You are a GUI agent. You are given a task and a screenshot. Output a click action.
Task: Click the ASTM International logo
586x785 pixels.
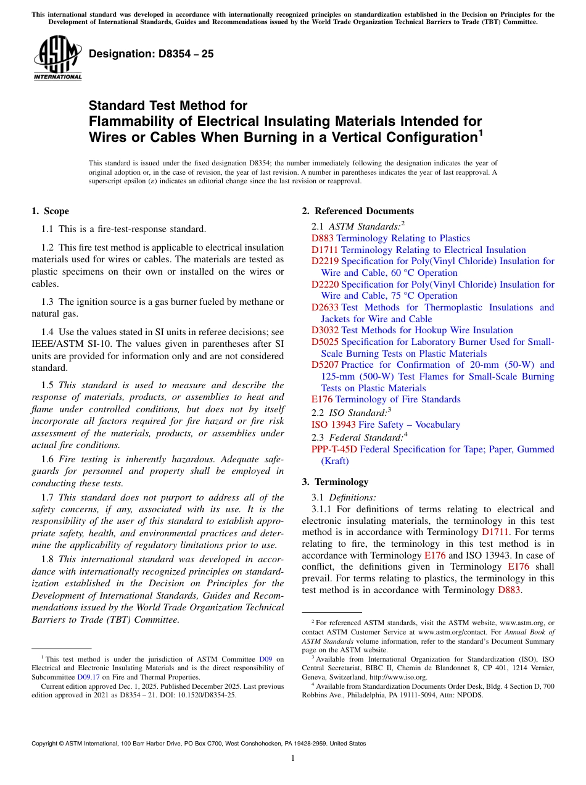[x=57, y=58]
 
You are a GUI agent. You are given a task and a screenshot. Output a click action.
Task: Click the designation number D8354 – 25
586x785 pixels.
[x=151, y=54]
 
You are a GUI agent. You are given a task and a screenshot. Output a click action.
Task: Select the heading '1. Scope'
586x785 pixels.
[x=50, y=211]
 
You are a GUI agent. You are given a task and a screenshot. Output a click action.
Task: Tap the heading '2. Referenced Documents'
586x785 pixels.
[x=358, y=211]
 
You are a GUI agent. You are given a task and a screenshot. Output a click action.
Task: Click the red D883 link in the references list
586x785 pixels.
[x=323, y=238]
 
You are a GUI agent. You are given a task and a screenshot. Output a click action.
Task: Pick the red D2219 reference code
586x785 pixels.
[x=325, y=261]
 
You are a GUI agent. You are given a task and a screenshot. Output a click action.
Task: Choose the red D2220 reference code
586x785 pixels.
[x=325, y=285]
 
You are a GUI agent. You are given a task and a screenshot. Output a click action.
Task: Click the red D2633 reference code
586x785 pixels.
[x=325, y=307]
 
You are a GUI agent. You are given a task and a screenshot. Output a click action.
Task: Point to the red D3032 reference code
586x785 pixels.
[x=325, y=330]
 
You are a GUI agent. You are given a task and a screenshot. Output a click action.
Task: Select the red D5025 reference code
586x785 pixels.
[x=325, y=342]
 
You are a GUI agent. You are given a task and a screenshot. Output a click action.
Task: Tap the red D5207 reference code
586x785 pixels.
[x=325, y=365]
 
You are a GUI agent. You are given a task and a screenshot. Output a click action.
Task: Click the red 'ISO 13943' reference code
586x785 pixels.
[x=333, y=425]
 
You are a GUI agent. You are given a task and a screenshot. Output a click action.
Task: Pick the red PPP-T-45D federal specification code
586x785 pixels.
[x=334, y=449]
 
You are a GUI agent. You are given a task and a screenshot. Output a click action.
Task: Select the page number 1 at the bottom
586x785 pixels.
[x=292, y=758]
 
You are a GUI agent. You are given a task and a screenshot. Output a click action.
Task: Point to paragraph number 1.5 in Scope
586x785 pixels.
[x=47, y=385]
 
